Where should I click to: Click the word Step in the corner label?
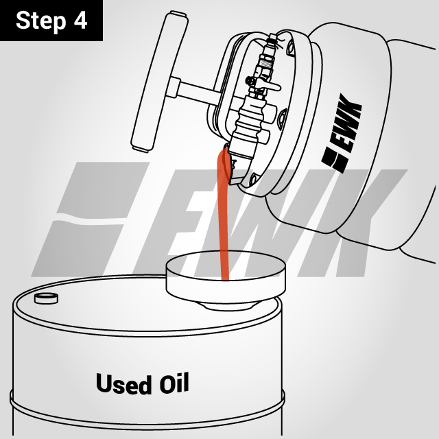click(x=40, y=20)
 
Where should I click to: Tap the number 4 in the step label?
click(x=80, y=20)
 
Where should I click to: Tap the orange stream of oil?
click(x=223, y=219)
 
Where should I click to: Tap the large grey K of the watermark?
click(x=357, y=213)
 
